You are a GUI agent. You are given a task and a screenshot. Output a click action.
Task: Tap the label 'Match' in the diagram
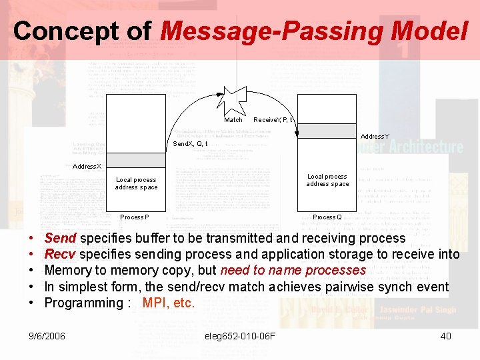pyautogui.click(x=233, y=120)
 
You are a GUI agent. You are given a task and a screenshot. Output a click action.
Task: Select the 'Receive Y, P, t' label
pyautogui.click(x=273, y=120)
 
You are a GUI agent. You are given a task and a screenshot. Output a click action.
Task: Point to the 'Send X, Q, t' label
pyautogui.click(x=190, y=144)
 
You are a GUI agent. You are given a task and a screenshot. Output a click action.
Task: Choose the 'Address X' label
pyautogui.click(x=87, y=166)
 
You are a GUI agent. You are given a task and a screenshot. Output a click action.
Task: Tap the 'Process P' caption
pyautogui.click(x=135, y=217)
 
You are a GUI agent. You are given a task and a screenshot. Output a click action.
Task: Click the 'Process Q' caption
pyautogui.click(x=327, y=217)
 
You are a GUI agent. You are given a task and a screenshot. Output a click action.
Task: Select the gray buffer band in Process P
pyautogui.click(x=135, y=159)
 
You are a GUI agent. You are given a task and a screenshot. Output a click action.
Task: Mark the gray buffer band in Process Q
pyautogui.click(x=327, y=131)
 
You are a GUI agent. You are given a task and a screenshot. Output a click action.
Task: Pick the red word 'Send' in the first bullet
pyautogui.click(x=60, y=238)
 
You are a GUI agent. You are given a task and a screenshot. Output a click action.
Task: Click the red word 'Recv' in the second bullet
pyautogui.click(x=60, y=254)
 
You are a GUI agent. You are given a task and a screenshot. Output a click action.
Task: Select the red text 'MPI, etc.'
pyautogui.click(x=169, y=303)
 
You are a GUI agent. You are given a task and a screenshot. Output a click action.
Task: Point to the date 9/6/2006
pyautogui.click(x=47, y=336)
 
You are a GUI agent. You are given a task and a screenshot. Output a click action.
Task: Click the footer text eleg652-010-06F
pyautogui.click(x=240, y=336)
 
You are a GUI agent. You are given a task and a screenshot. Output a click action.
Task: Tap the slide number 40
pyautogui.click(x=445, y=336)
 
